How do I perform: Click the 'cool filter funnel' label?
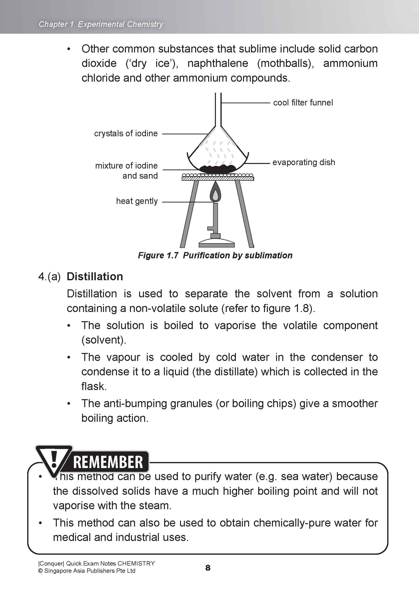point(303,103)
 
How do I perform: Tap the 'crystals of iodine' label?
point(126,133)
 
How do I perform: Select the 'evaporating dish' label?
point(303,162)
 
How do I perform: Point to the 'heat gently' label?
point(137,201)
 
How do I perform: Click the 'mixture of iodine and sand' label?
point(126,170)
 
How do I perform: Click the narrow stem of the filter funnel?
point(218,110)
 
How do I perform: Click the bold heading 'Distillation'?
point(95,277)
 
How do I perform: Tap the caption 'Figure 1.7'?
point(158,255)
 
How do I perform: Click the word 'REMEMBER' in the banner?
point(108,462)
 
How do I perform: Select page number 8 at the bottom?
point(208,568)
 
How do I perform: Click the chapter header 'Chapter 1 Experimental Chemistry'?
point(101,24)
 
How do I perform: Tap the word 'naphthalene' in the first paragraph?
point(218,63)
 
